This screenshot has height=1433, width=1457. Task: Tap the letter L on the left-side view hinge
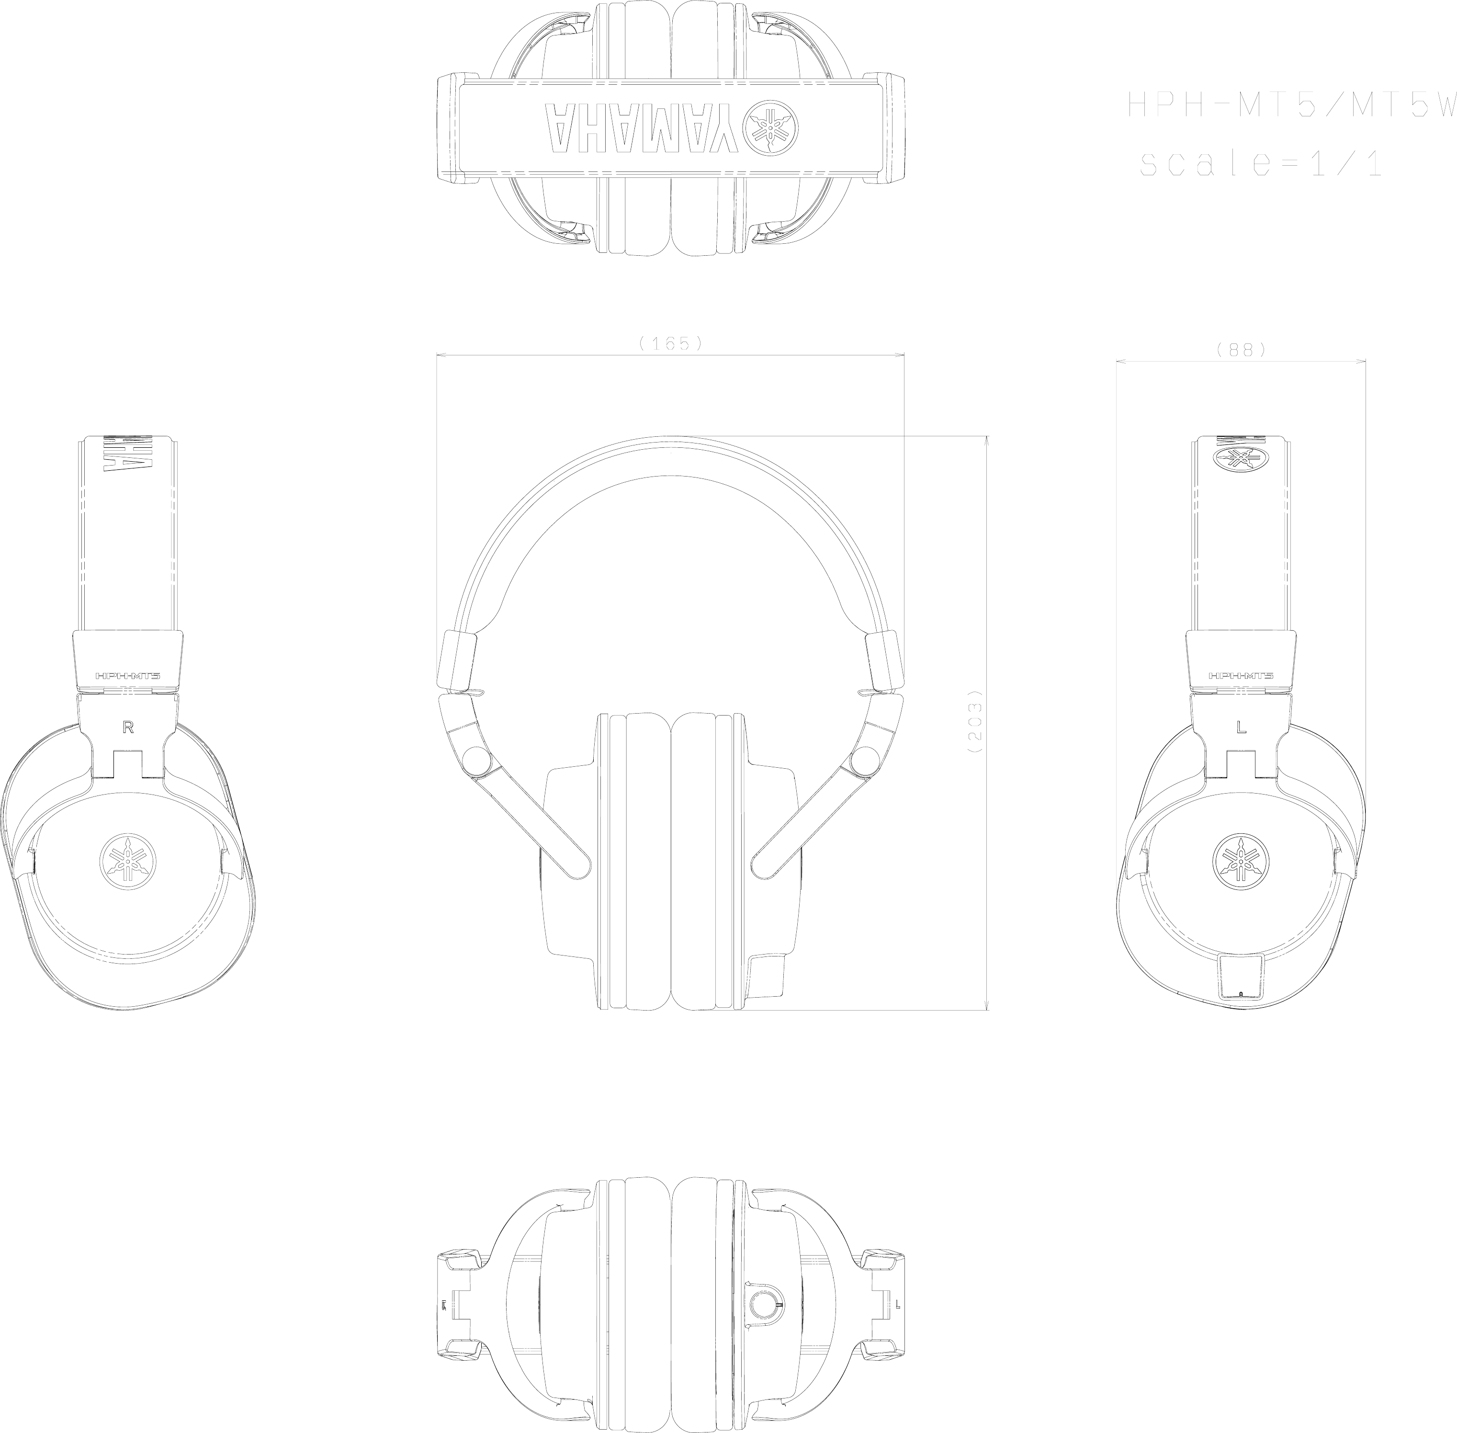(x=1241, y=727)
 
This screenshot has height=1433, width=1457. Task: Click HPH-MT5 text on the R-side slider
(x=128, y=676)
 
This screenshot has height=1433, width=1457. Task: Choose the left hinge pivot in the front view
(x=475, y=761)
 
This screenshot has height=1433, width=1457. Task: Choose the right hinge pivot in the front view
(x=862, y=761)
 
